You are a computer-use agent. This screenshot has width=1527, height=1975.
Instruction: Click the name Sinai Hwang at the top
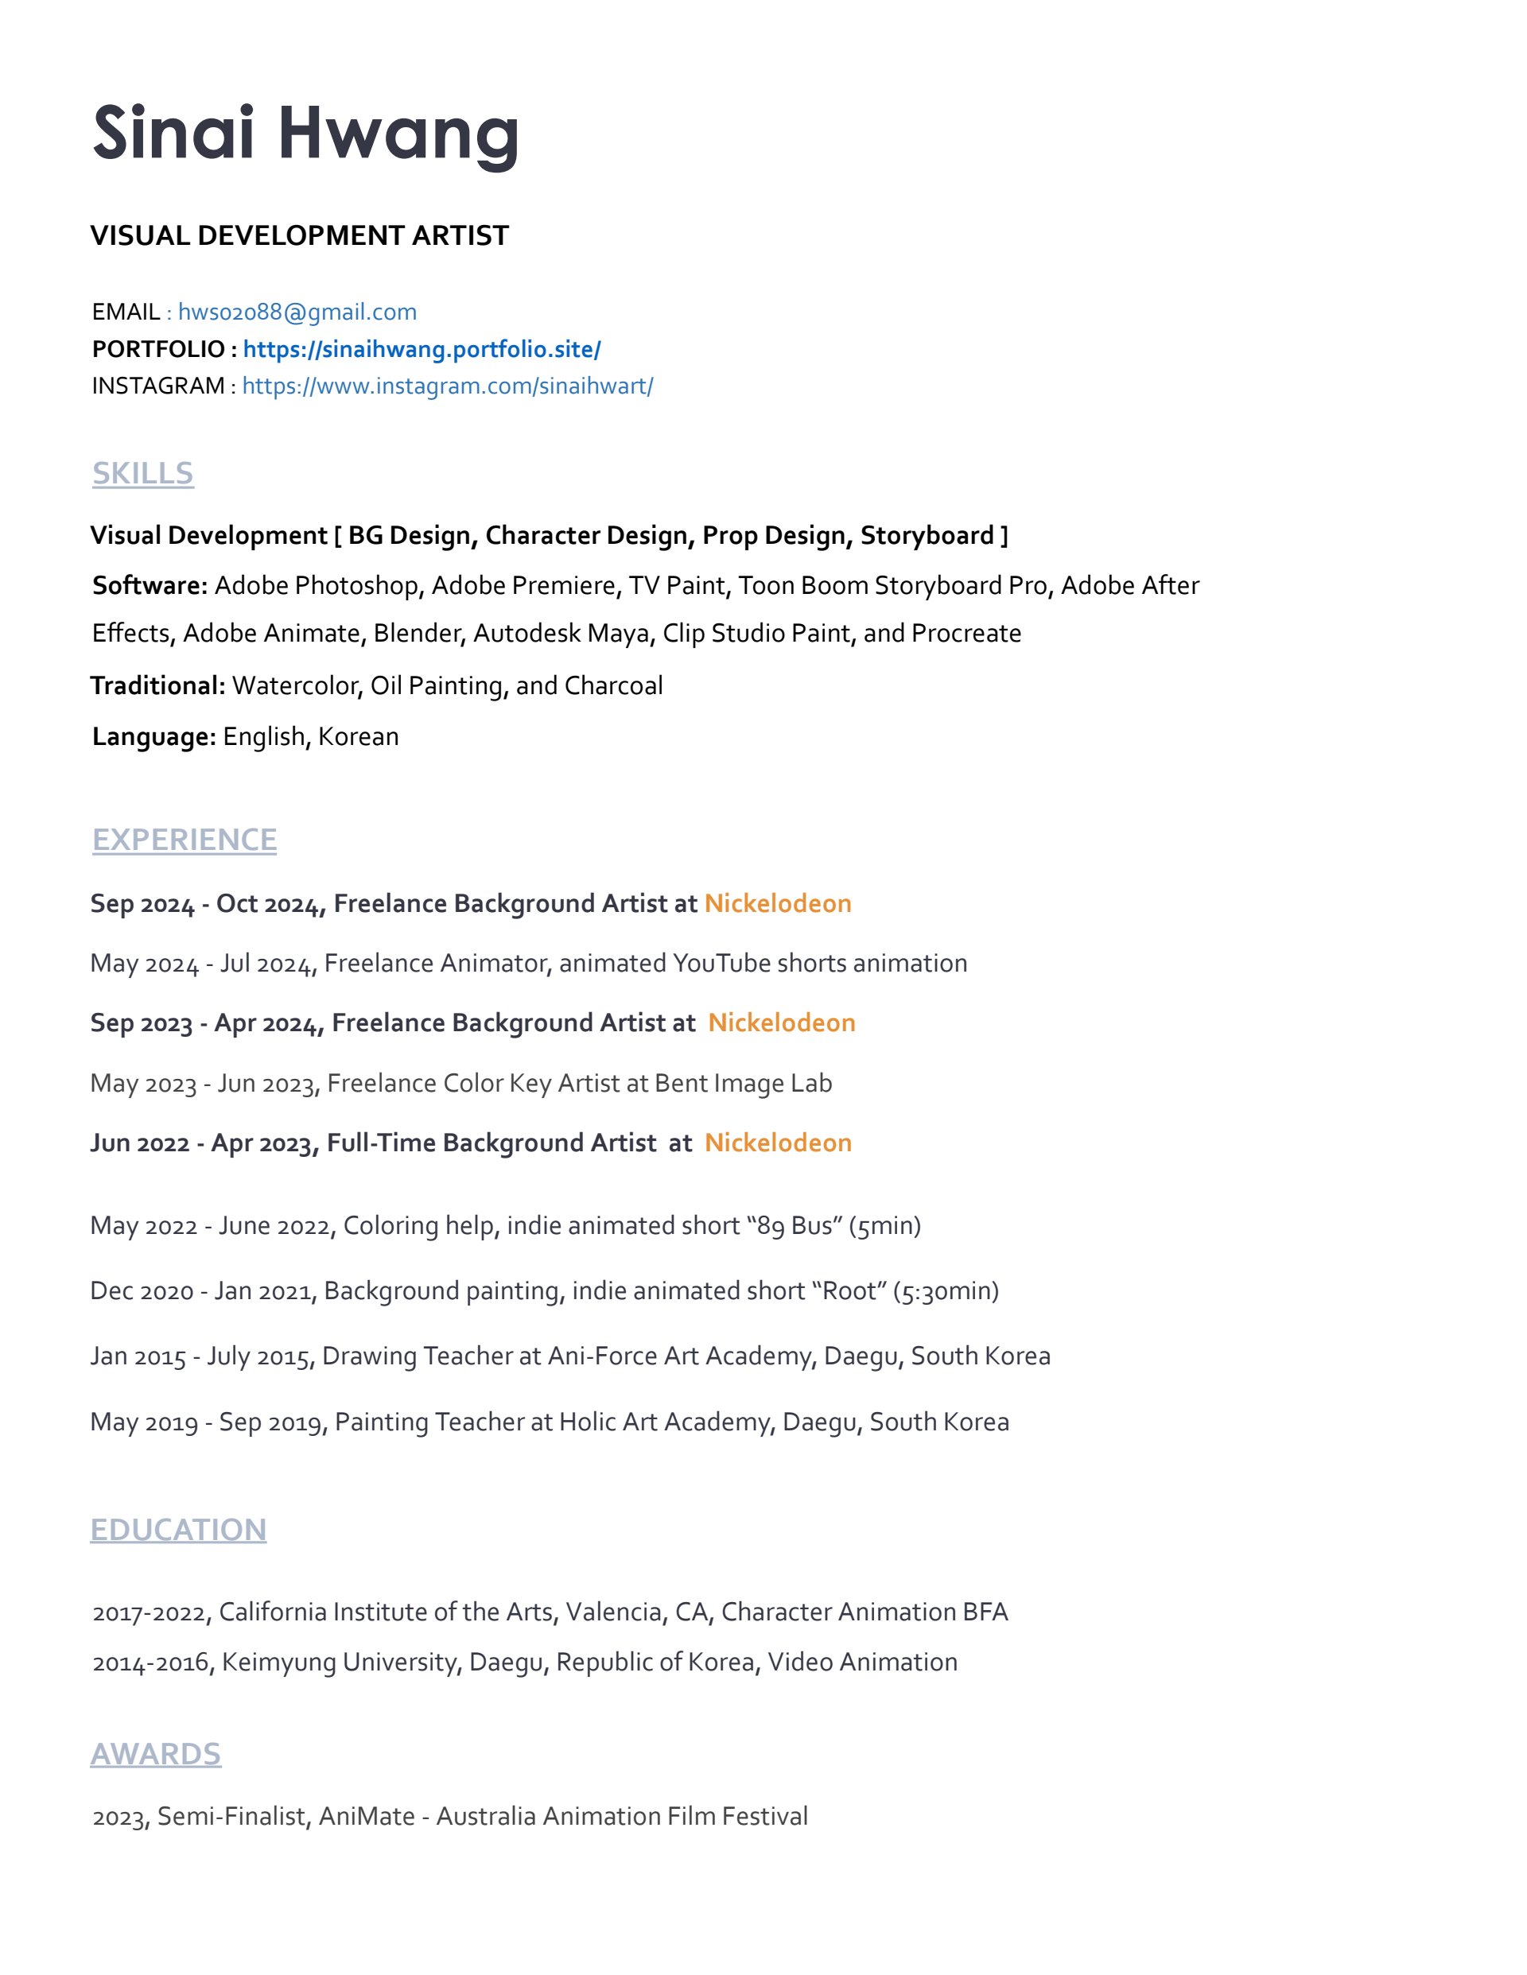tap(305, 134)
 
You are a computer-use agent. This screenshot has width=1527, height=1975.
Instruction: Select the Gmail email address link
tap(297, 312)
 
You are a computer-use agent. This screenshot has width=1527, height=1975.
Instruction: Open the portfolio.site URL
tap(422, 349)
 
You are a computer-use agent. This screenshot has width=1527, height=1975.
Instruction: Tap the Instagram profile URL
tap(447, 386)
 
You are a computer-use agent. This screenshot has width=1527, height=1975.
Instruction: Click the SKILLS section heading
tap(143, 473)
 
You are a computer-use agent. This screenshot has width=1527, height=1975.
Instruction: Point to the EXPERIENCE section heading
tap(185, 839)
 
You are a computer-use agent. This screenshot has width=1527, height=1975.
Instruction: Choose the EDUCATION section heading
tap(178, 1529)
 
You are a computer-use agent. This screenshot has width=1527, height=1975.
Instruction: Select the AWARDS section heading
tap(156, 1753)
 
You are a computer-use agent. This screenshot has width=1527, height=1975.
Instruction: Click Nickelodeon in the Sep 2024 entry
tap(778, 903)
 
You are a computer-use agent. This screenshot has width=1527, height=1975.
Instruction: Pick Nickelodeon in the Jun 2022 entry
tap(778, 1143)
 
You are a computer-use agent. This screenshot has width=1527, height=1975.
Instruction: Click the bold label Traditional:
tap(157, 685)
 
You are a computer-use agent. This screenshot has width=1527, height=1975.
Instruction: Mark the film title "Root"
tap(849, 1290)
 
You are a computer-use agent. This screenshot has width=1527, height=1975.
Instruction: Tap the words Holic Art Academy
tap(664, 1422)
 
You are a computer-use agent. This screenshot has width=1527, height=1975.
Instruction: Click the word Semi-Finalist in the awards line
tap(231, 1816)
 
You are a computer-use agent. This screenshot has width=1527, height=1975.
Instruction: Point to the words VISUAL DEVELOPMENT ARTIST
tap(299, 236)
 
